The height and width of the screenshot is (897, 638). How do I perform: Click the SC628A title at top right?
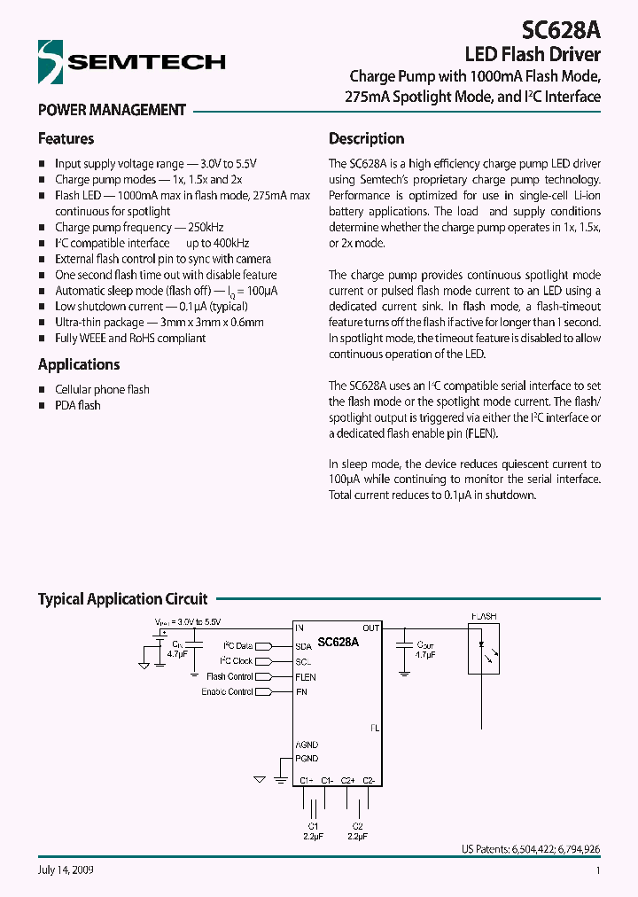pyautogui.click(x=560, y=31)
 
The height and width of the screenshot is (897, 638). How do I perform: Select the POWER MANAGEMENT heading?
pyautogui.click(x=112, y=110)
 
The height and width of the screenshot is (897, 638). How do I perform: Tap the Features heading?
pyautogui.click(x=66, y=138)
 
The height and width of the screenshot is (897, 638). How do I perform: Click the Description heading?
pyautogui.click(x=366, y=138)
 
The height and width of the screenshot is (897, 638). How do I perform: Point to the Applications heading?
pyautogui.click(x=79, y=364)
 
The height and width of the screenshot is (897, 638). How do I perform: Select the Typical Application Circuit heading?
pyautogui.click(x=122, y=598)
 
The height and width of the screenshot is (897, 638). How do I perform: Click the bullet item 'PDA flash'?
pyautogui.click(x=78, y=405)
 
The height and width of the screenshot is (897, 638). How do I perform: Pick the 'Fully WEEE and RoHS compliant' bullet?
pyautogui.click(x=130, y=338)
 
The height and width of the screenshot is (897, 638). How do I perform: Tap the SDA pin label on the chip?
pyautogui.click(x=304, y=646)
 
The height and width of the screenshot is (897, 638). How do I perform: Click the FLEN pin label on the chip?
pyautogui.click(x=306, y=676)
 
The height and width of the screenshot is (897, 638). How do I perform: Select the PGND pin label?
pyautogui.click(x=307, y=759)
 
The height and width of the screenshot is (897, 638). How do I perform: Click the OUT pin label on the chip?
pyautogui.click(x=370, y=628)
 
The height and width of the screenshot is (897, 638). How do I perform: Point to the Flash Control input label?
pyautogui.click(x=230, y=676)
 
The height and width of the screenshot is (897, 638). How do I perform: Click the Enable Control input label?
pyautogui.click(x=227, y=691)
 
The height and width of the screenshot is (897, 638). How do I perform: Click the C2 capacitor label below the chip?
pyautogui.click(x=357, y=825)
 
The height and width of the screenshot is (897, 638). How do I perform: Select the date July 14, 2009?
pyautogui.click(x=66, y=870)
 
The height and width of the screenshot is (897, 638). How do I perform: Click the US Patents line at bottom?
pyautogui.click(x=531, y=848)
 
